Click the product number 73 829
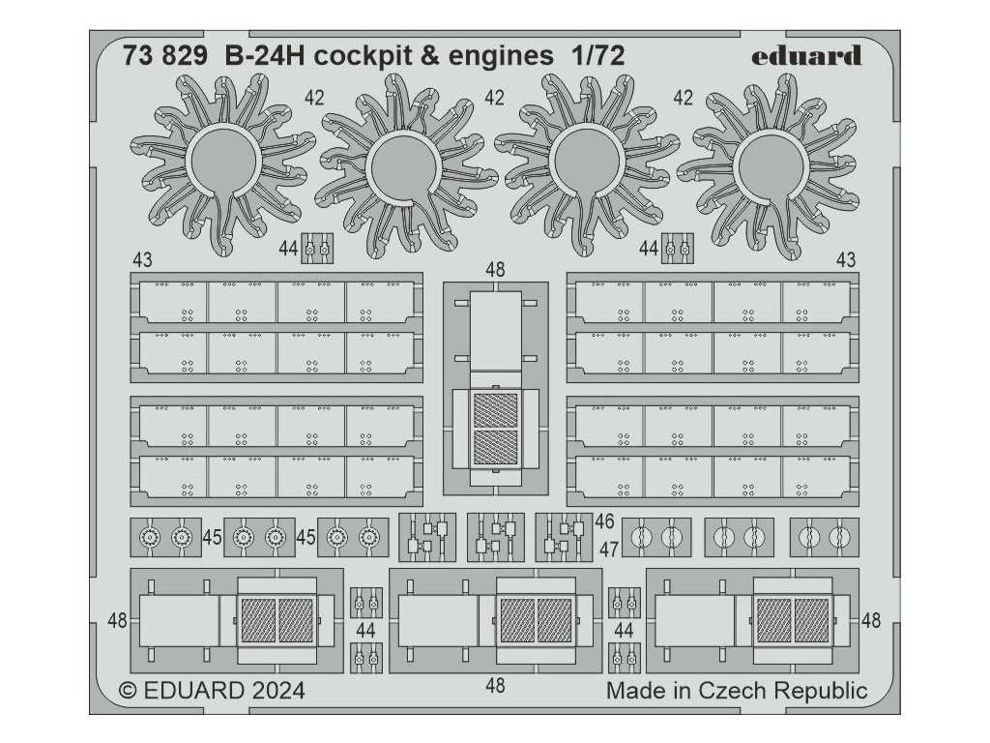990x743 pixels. click(164, 55)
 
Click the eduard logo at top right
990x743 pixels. click(805, 55)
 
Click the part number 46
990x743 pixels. click(605, 521)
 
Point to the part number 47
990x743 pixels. click(608, 550)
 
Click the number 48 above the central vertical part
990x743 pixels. click(496, 269)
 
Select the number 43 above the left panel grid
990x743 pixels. click(142, 260)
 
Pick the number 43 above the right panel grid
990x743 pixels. click(846, 260)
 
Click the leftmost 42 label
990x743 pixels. click(314, 98)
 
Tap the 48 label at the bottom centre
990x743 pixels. click(495, 686)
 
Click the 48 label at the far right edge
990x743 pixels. click(871, 620)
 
